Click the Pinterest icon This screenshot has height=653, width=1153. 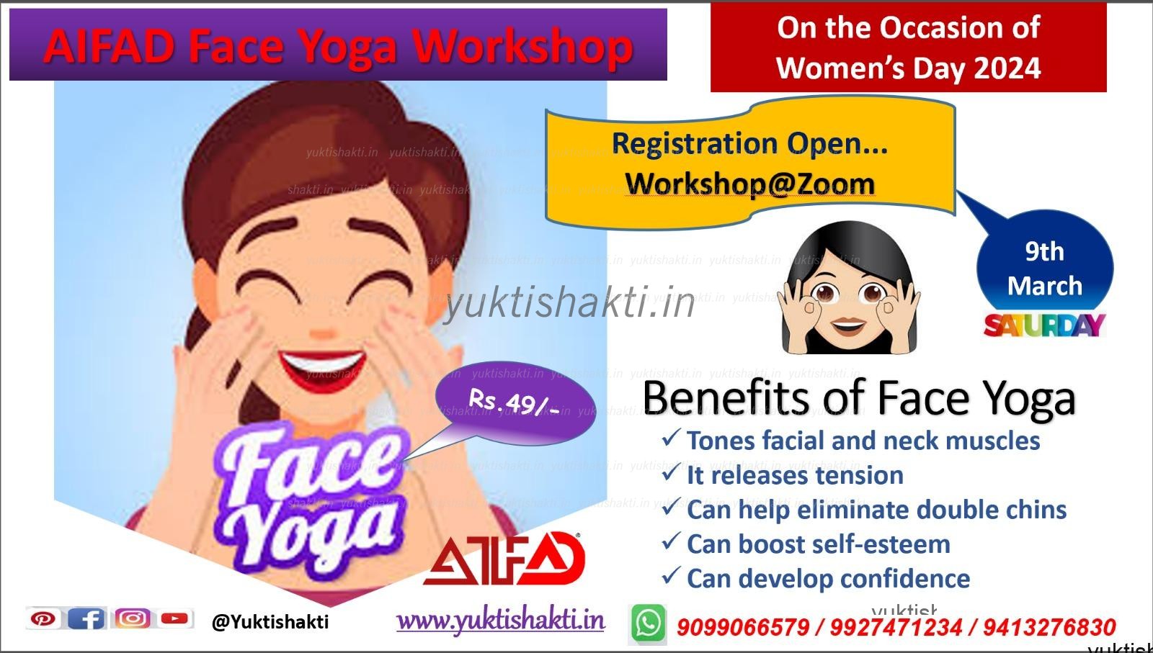[x=43, y=618]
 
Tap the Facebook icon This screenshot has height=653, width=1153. [x=86, y=618]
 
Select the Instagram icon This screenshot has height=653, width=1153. [x=133, y=618]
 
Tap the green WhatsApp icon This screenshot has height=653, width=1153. [x=648, y=623]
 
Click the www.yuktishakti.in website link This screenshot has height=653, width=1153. [x=500, y=621]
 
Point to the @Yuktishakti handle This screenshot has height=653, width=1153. [x=270, y=621]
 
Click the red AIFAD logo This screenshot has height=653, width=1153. [x=503, y=559]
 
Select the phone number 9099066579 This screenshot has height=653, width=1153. [x=742, y=627]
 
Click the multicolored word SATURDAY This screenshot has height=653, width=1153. [x=1043, y=325]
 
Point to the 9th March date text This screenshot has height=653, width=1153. [x=1044, y=269]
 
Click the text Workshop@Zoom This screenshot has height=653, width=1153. [x=749, y=184]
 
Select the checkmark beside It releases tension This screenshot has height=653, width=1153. [x=670, y=474]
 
